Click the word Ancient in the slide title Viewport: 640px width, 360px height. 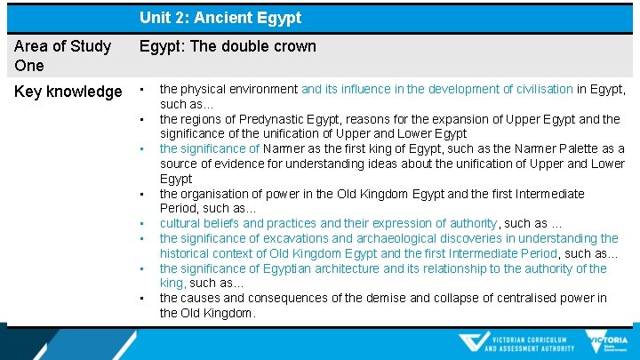coord(220,18)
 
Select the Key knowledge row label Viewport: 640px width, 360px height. coord(68,92)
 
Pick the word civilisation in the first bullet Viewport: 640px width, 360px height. coord(538,89)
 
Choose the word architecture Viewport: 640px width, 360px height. coord(342,268)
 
